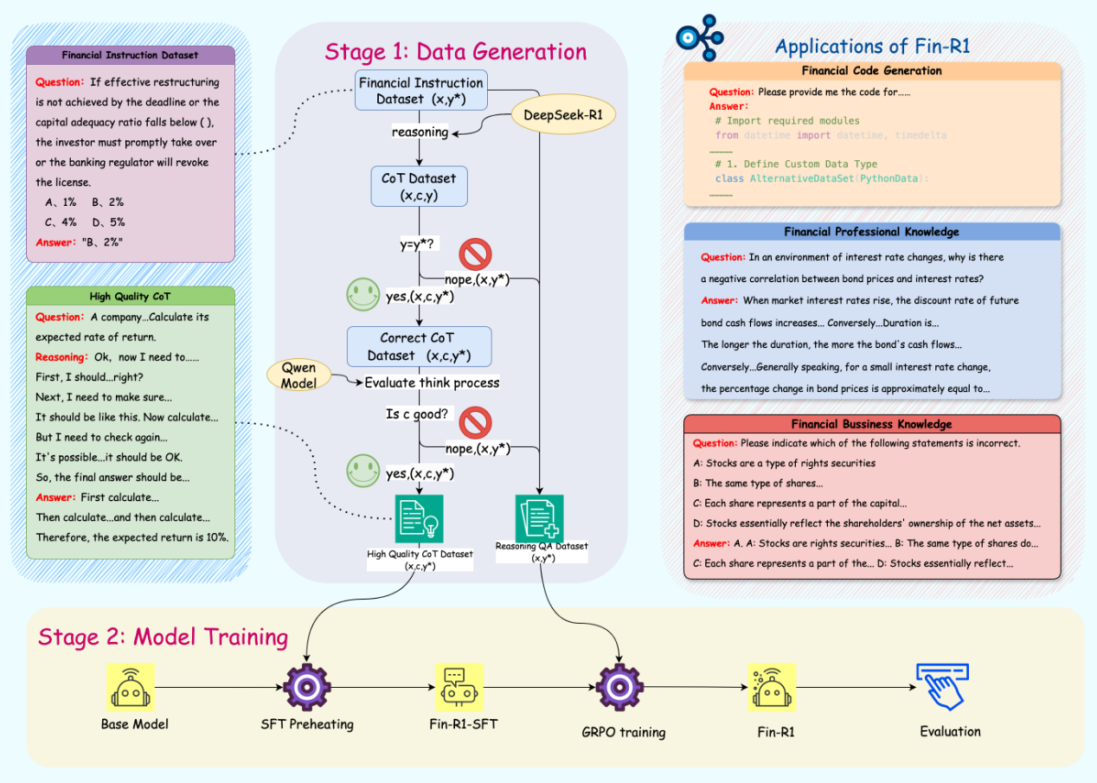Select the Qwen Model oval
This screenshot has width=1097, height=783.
click(299, 374)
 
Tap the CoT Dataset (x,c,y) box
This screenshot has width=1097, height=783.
click(419, 187)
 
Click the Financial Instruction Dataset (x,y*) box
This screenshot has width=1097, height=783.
click(420, 91)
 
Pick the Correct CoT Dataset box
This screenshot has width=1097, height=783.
click(419, 346)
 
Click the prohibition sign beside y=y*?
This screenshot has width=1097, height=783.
click(475, 254)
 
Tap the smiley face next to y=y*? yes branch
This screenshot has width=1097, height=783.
click(362, 295)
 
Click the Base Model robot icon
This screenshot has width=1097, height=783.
click(131, 687)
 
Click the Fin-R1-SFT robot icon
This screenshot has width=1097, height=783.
click(459, 687)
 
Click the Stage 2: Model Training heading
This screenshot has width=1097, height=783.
click(163, 638)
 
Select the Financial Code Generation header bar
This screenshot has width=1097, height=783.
click(871, 71)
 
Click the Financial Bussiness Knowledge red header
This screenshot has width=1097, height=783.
click(871, 424)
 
